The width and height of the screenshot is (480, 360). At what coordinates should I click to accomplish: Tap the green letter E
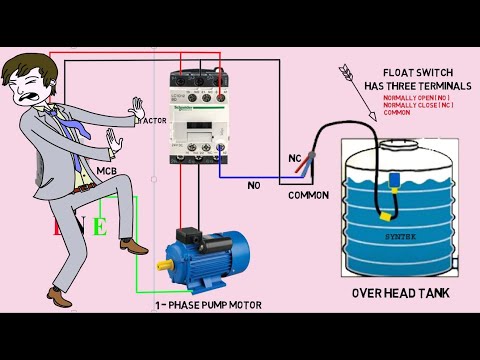(99, 226)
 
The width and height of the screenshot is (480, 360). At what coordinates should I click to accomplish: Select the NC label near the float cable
(294, 157)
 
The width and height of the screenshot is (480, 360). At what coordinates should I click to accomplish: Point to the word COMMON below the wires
(307, 195)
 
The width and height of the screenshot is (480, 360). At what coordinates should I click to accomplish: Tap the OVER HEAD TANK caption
(399, 294)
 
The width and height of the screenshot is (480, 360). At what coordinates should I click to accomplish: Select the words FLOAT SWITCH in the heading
(405, 73)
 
